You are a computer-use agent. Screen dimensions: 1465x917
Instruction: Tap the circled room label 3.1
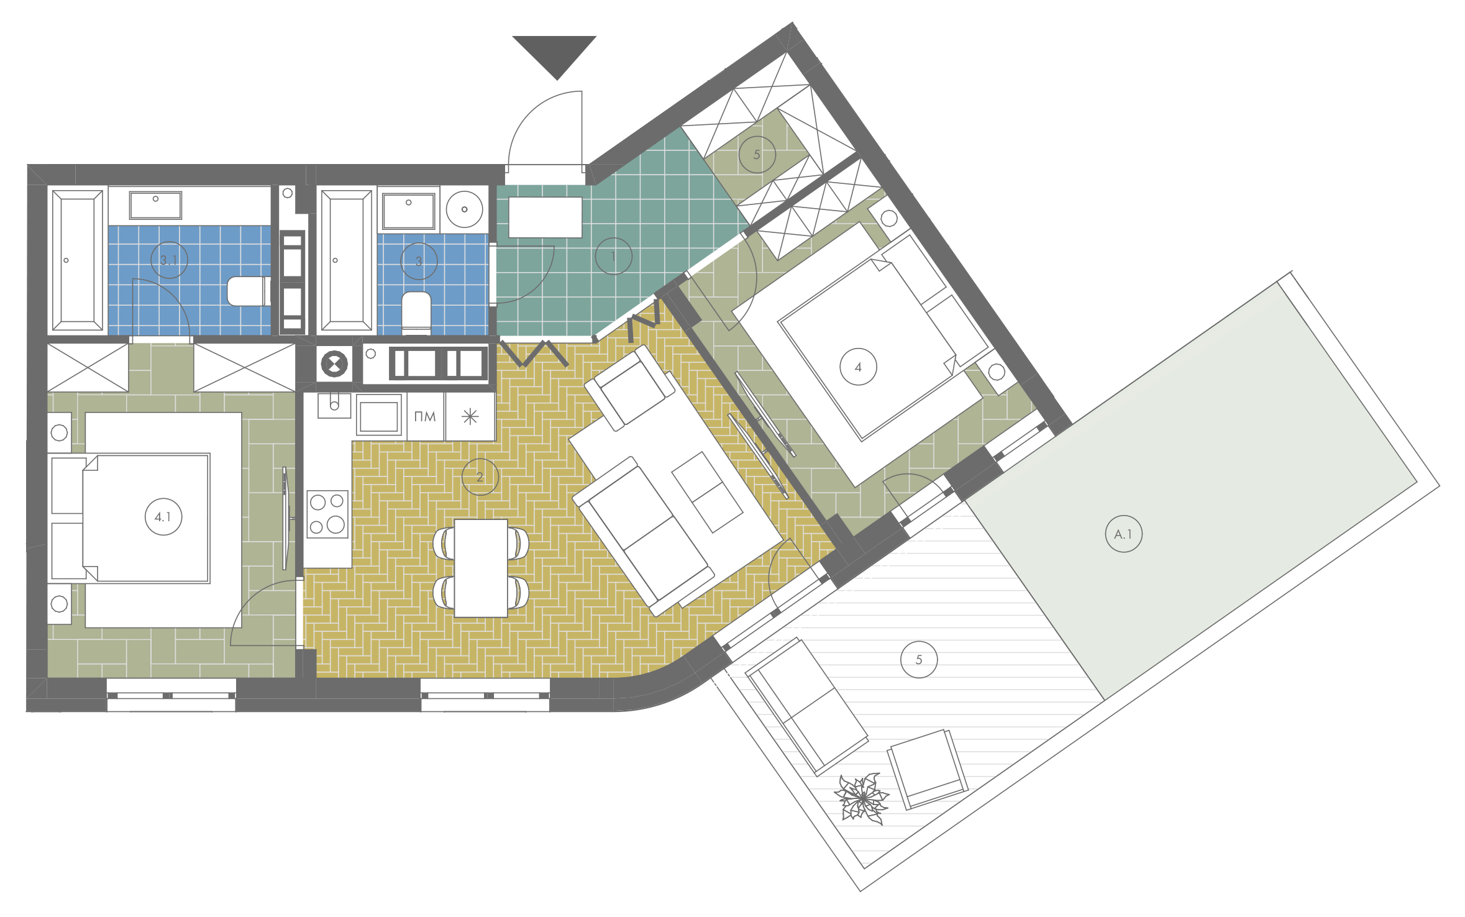[169, 260]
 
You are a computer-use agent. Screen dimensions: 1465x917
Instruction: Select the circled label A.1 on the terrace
[1124, 534]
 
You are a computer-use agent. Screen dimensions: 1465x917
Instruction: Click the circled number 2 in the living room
[480, 477]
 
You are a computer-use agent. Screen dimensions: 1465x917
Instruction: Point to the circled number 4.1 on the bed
[163, 516]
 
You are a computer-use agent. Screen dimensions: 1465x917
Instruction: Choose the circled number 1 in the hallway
[613, 256]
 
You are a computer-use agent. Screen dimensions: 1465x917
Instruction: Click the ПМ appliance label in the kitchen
[425, 416]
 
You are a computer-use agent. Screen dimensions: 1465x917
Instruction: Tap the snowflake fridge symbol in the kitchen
[470, 416]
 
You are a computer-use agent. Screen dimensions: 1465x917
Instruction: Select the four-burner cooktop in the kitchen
[327, 514]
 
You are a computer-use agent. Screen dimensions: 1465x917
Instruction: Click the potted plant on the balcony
[862, 798]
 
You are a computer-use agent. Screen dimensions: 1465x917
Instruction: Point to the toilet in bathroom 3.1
[249, 291]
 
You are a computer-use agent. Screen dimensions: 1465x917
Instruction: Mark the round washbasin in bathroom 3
[464, 209]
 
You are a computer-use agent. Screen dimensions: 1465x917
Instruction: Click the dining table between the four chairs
[481, 568]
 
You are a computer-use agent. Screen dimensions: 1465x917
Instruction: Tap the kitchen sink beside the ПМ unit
[378, 415]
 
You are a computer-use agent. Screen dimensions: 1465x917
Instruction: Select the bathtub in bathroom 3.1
[78, 260]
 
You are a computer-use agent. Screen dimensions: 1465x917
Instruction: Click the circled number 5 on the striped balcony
[919, 659]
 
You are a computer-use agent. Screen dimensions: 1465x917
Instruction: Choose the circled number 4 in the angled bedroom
[858, 367]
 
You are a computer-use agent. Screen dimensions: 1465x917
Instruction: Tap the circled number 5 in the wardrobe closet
[757, 154]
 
